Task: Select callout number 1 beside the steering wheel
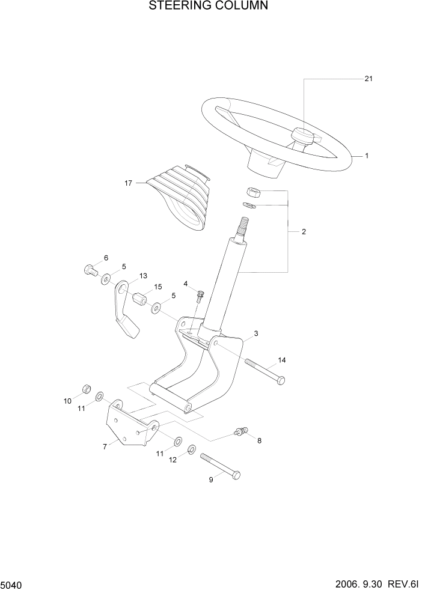tap(366, 156)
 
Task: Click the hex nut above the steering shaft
tap(253, 192)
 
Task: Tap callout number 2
tap(304, 231)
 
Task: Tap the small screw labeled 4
tap(200, 296)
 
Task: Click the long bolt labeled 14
tap(264, 371)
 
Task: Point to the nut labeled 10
tap(86, 389)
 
